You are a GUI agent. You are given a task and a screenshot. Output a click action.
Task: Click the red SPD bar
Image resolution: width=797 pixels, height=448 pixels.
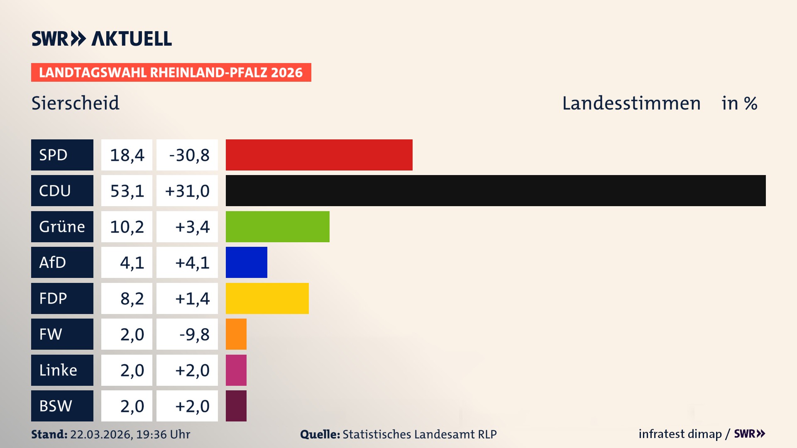[319, 155]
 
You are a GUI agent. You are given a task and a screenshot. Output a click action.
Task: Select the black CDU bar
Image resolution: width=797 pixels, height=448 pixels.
[495, 190]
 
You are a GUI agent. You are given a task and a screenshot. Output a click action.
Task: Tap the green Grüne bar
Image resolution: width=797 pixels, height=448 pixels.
[277, 226]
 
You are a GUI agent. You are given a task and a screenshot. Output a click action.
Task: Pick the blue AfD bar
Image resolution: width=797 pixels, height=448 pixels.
[246, 262]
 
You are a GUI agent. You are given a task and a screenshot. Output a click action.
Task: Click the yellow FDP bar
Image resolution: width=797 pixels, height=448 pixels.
[267, 298]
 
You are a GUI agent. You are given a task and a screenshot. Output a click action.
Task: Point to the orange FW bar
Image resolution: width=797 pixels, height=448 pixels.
[236, 334]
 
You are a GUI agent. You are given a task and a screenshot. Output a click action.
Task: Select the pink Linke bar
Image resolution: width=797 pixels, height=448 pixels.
[236, 370]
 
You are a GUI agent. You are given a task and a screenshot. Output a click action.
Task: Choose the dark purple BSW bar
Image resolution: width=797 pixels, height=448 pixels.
[236, 406]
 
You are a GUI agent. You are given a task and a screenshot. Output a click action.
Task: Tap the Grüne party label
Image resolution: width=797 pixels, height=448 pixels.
[62, 226]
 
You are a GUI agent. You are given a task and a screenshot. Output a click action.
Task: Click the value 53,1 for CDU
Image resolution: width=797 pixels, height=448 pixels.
[127, 191]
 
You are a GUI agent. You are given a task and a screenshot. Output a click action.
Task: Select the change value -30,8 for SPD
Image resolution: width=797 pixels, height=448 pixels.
[189, 155]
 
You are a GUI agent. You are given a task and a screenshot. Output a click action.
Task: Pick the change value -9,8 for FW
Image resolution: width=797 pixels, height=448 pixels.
[194, 334]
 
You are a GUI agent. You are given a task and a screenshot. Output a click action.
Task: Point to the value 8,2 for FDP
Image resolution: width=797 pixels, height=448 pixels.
[132, 299]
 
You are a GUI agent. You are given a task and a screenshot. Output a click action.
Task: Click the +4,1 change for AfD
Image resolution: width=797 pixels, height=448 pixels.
[192, 263]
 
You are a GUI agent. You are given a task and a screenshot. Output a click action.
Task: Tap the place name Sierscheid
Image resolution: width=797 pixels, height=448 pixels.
[75, 103]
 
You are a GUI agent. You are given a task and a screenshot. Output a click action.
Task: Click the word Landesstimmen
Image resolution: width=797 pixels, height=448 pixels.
[631, 103]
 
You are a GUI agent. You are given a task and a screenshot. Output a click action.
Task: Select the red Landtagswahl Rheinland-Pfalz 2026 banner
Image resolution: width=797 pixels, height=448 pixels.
[171, 73]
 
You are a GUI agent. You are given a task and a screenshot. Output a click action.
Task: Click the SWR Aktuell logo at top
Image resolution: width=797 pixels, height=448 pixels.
[101, 39]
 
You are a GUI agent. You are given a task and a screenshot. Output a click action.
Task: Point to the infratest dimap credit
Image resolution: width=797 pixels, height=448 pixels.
[680, 434]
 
